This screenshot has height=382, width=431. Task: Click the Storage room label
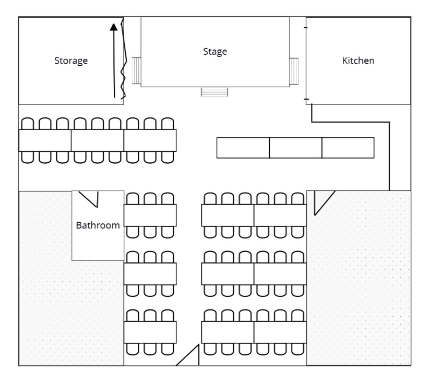coord(71,61)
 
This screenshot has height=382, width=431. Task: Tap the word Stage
coord(215,51)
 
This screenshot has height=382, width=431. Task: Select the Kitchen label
coord(358,61)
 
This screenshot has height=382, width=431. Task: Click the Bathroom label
coord(98,226)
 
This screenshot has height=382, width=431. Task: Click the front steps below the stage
coord(214,92)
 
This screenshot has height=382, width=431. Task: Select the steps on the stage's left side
coord(137,70)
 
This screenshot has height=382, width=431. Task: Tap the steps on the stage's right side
coord(294,70)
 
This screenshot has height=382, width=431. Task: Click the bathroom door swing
coord(90,198)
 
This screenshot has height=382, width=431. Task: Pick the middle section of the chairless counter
coord(295,148)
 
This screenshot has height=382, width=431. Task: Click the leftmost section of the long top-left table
coord(45,140)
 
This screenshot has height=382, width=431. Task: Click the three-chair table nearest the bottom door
coord(150,332)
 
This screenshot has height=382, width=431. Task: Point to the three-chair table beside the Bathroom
coord(150,215)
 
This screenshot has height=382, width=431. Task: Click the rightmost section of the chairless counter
coord(348,148)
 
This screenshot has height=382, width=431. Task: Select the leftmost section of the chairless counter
coord(243,148)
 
